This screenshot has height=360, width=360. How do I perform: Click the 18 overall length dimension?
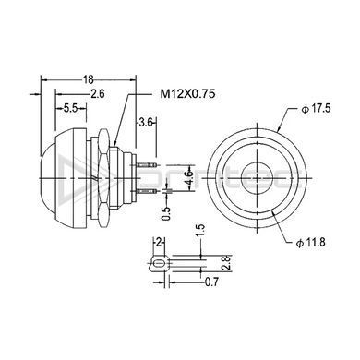89,79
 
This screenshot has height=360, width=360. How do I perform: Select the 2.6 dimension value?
98,93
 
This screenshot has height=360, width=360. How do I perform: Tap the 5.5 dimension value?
70,108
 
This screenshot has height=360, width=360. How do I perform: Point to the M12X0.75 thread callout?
187,93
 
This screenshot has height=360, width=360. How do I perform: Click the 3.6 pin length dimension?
146,123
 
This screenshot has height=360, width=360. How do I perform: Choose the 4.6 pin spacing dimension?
190,178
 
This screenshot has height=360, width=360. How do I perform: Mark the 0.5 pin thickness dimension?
166,213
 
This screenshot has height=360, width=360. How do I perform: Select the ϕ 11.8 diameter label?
310,243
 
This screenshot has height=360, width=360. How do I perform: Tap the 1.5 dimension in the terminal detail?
200,232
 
